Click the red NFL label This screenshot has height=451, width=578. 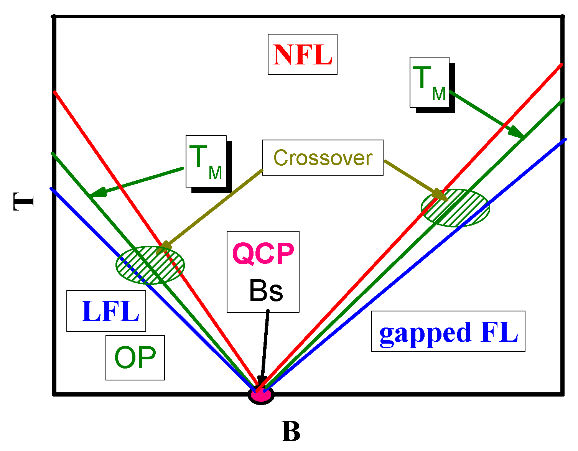(x=303, y=54)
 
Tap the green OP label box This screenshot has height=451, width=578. (x=135, y=358)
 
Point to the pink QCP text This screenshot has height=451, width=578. (x=263, y=254)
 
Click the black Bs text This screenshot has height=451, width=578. (x=266, y=291)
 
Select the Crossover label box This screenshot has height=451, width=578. (x=323, y=157)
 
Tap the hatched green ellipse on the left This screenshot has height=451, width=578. (x=150, y=265)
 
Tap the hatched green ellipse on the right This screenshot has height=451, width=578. (x=455, y=208)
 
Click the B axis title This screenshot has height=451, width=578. (x=291, y=431)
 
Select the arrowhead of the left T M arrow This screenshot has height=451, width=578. (x=98, y=192)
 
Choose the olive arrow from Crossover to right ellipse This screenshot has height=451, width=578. (x=416, y=181)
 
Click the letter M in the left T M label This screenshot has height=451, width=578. (x=215, y=173)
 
